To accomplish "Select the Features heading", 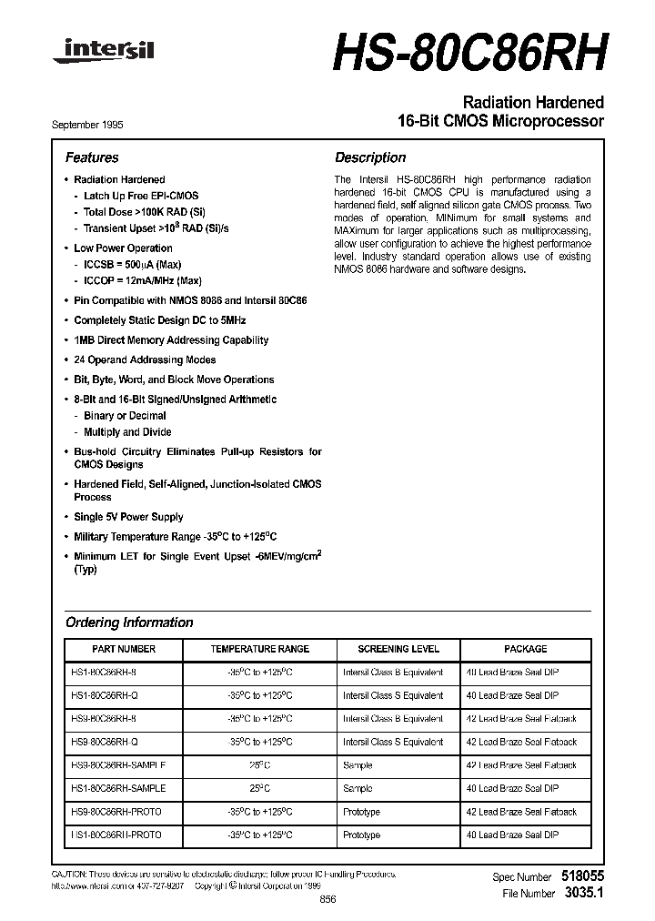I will click(x=92, y=157).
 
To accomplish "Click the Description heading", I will click(x=370, y=157).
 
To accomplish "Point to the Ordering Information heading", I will click(x=129, y=622).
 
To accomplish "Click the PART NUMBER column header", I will click(x=124, y=649).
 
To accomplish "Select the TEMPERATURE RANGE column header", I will click(x=259, y=649).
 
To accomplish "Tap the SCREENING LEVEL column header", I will click(x=398, y=649).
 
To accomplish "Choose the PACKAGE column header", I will click(x=526, y=649).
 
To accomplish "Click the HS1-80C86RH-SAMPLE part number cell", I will click(x=118, y=788).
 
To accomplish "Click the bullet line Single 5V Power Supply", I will click(x=128, y=517).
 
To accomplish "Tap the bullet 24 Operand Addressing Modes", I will click(x=145, y=360).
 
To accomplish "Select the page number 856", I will click(x=328, y=898).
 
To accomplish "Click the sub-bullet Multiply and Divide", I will click(x=127, y=432).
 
